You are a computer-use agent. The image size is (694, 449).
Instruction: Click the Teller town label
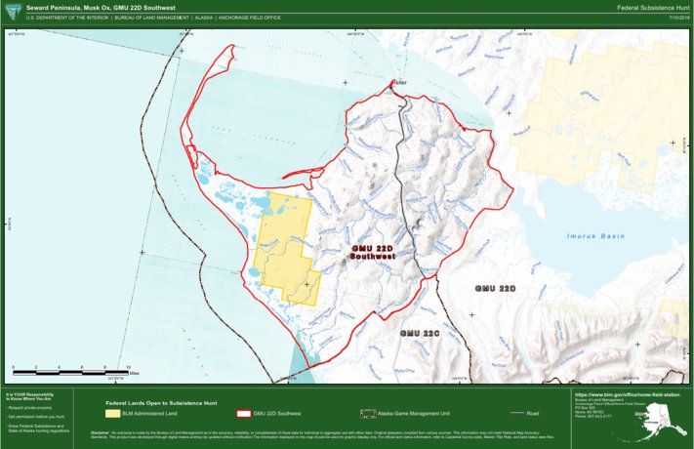coord(398,82)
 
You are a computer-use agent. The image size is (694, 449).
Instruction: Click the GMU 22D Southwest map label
coord(372,254)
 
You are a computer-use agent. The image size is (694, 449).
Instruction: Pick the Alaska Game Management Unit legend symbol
coord(368,414)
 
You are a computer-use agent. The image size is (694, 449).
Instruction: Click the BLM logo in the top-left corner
coord(12,12)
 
